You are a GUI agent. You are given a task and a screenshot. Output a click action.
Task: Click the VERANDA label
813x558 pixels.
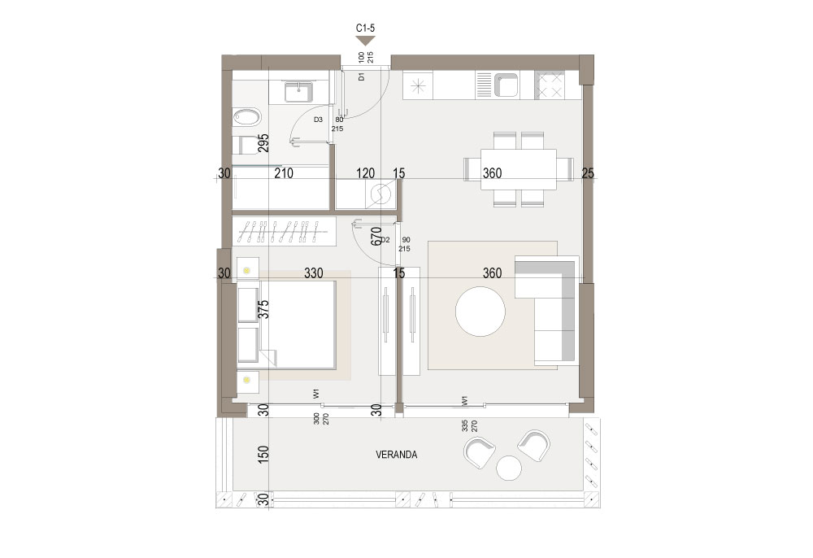(396, 455)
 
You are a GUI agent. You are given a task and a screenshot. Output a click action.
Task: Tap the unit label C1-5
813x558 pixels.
(365, 28)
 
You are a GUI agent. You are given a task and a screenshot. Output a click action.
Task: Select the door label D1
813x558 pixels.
(362, 76)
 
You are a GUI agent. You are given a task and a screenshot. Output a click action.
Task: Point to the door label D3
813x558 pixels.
(319, 120)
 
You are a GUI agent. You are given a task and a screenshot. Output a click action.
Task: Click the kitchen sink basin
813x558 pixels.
(505, 85)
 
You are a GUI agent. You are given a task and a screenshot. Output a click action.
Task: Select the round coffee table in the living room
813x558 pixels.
(480, 312)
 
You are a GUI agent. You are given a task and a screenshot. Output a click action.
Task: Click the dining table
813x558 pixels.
(519, 169)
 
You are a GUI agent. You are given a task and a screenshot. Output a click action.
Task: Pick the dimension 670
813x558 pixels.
(376, 236)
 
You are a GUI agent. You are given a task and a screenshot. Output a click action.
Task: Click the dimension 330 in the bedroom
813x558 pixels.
(313, 272)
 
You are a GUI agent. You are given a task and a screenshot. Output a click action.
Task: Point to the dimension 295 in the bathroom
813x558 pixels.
(263, 143)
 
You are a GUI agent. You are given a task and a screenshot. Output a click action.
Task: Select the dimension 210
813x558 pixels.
(284, 173)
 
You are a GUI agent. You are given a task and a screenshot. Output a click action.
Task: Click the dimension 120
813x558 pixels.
(366, 173)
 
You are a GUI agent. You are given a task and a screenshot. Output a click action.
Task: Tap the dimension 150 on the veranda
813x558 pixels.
(263, 455)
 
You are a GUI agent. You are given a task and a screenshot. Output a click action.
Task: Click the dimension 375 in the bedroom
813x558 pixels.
(263, 310)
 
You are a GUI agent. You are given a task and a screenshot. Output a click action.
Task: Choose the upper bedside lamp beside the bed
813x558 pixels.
(247, 270)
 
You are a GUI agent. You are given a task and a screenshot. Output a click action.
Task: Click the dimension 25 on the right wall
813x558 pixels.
(588, 173)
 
